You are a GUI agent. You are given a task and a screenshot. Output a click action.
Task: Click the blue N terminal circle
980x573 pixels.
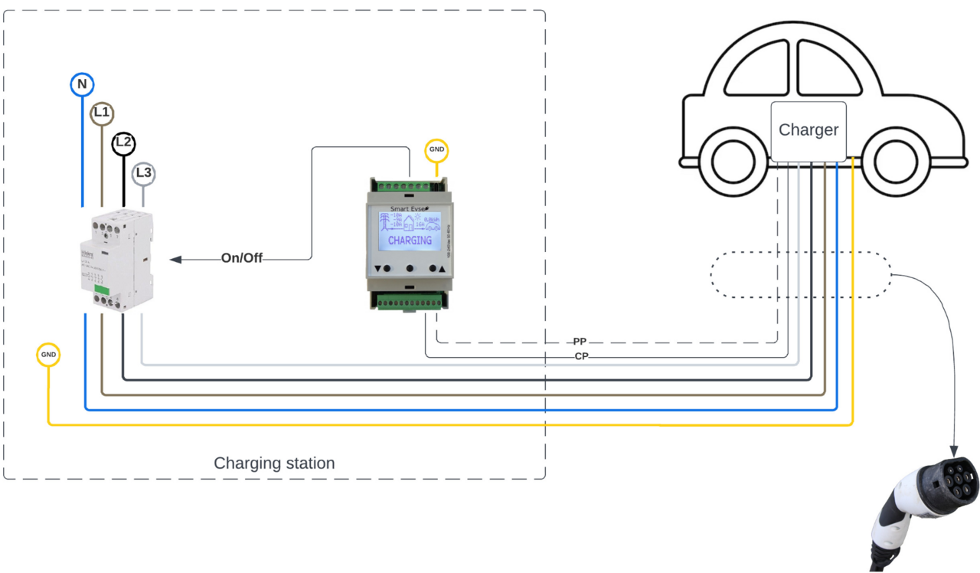82,84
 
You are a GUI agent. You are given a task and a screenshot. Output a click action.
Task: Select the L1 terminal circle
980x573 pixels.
102,113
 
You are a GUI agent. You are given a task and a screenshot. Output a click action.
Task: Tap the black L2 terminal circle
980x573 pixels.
123,143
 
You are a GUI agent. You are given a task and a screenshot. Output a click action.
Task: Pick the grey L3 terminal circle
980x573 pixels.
143,173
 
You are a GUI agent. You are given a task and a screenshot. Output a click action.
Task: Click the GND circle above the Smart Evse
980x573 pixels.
436,149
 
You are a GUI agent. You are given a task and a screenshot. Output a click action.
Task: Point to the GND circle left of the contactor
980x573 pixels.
48,355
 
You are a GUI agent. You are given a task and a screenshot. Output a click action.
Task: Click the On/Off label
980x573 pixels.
242,258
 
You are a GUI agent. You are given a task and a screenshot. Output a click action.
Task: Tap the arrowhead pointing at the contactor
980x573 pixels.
175,260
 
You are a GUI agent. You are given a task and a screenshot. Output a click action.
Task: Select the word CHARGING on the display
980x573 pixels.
410,241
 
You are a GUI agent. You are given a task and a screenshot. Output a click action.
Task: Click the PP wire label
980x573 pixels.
580,342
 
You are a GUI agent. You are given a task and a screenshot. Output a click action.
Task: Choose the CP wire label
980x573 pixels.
581,356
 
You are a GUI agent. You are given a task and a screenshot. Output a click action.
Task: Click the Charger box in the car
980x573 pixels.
808,131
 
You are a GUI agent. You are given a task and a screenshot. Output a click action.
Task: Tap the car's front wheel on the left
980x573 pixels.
733,161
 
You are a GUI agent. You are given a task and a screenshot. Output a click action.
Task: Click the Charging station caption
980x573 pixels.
274,463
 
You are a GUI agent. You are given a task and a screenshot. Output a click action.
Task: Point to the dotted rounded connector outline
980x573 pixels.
801,274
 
